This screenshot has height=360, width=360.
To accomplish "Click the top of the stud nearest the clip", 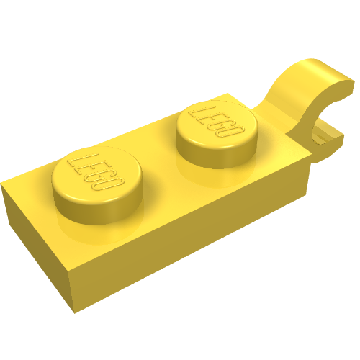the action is (x=217, y=124).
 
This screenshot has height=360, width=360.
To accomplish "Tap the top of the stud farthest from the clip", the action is (x=96, y=174).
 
